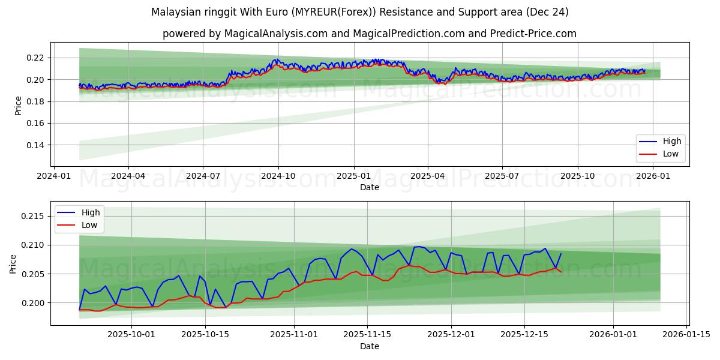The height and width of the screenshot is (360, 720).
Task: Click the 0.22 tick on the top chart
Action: click(35, 58)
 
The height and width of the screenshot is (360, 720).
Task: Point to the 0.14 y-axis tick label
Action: click(35, 145)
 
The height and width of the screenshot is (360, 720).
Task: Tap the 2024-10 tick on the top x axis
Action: click(278, 176)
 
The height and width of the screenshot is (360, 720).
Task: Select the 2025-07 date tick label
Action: click(502, 176)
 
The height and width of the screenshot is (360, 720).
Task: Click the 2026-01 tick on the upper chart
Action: click(652, 176)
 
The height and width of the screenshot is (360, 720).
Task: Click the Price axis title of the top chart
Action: click(18, 106)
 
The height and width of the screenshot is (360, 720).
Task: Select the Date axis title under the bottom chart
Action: click(369, 346)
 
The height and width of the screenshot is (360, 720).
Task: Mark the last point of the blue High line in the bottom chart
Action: click(561, 253)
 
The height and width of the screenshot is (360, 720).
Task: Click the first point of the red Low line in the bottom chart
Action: click(79, 310)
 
